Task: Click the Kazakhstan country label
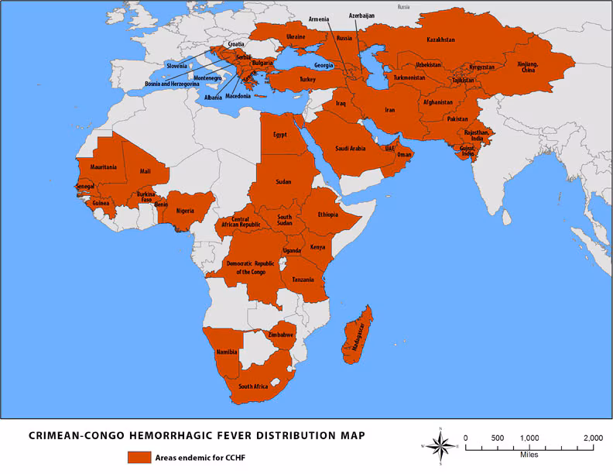(440, 39)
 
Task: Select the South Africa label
(253, 386)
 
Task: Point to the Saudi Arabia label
(334, 148)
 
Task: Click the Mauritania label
(103, 167)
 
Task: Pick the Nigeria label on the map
(184, 210)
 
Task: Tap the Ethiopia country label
(327, 215)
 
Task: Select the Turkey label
(308, 79)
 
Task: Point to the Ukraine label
(296, 36)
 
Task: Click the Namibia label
(227, 352)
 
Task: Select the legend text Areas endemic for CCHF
(199, 456)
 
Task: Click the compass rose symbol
(440, 446)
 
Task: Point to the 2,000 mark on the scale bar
(593, 438)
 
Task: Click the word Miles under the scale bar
(529, 455)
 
